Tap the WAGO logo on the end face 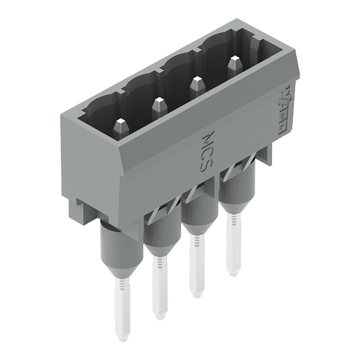click(x=284, y=109)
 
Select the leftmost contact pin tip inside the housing click(x=121, y=123)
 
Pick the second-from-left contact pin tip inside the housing click(x=159, y=103)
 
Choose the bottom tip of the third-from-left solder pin click(x=197, y=295)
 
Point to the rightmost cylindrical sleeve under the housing click(x=237, y=190)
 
